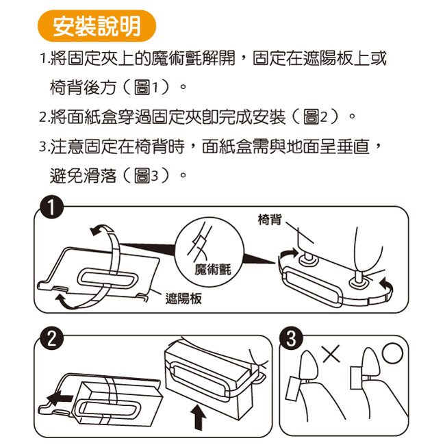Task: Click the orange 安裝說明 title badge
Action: pos(97,26)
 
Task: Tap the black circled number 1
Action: pos(51,207)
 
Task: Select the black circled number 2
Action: pos(51,338)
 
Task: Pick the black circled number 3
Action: pos(291,338)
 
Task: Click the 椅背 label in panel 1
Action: pos(270,219)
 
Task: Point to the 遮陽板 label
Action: pos(183,299)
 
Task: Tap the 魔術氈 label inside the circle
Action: pos(213,269)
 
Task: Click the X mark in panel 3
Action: pos(331,354)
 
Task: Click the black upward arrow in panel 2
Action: pos(199,417)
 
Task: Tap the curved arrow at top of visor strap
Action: pos(102,229)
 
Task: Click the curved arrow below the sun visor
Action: pos(66,301)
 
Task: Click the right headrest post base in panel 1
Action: pos(359,281)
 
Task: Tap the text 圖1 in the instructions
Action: pos(146,87)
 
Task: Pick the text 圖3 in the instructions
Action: pos(146,176)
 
